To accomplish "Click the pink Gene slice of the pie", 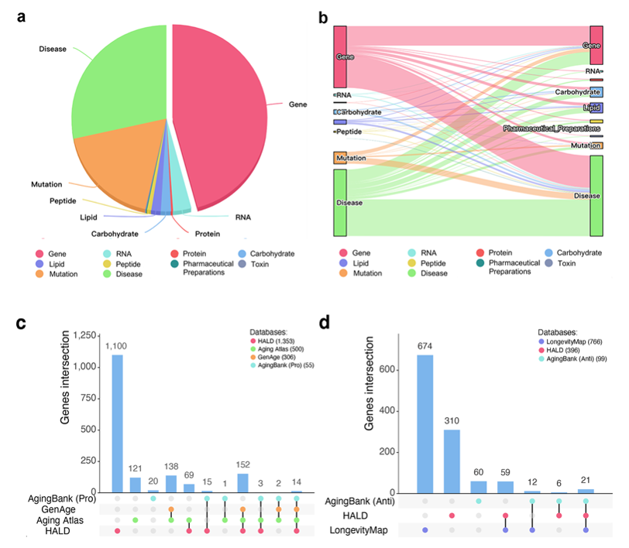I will pyautogui.click(x=221, y=116).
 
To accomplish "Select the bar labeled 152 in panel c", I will pyautogui.click(x=242, y=482).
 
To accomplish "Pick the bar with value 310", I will pyautogui.click(x=452, y=461).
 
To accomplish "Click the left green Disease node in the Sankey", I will pyautogui.click(x=339, y=203).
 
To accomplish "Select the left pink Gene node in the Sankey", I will pyautogui.click(x=339, y=57).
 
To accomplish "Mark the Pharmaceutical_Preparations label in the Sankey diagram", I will pyautogui.click(x=551, y=128).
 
